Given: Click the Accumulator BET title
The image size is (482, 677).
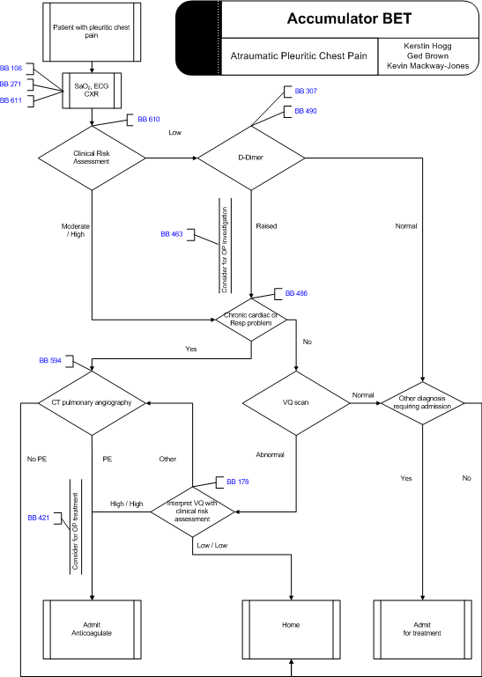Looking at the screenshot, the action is tap(349, 19).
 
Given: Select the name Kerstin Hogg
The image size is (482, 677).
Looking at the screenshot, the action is tap(427, 46).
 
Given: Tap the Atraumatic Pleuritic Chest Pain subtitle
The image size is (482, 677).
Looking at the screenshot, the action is tap(299, 55).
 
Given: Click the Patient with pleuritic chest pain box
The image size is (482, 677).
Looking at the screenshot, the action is tap(92, 31).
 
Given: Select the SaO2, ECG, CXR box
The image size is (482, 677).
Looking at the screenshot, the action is tap(92, 91).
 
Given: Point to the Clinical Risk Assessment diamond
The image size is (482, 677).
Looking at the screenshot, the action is tap(92, 158).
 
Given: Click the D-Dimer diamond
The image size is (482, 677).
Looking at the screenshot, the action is tap(251, 158).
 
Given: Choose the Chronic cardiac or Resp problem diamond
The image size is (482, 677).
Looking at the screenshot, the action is tap(251, 320).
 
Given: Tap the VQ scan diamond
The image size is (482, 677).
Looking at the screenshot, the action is tap(296, 403).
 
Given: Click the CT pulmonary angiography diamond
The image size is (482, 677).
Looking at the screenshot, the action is tap(92, 403).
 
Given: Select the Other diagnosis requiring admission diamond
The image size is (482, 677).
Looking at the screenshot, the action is tap(422, 403).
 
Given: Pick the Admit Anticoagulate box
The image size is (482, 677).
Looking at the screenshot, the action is tap(92, 629).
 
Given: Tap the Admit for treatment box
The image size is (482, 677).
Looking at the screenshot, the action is tap(422, 629).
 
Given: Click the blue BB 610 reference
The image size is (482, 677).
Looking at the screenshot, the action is tap(149, 119).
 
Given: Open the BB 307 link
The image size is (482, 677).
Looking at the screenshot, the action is tap(306, 91).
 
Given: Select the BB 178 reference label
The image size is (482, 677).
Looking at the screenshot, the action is tap(238, 482).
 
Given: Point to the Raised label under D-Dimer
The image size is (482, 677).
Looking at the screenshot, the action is tap(266, 225).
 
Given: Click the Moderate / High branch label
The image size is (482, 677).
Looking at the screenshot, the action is tap(75, 230).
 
